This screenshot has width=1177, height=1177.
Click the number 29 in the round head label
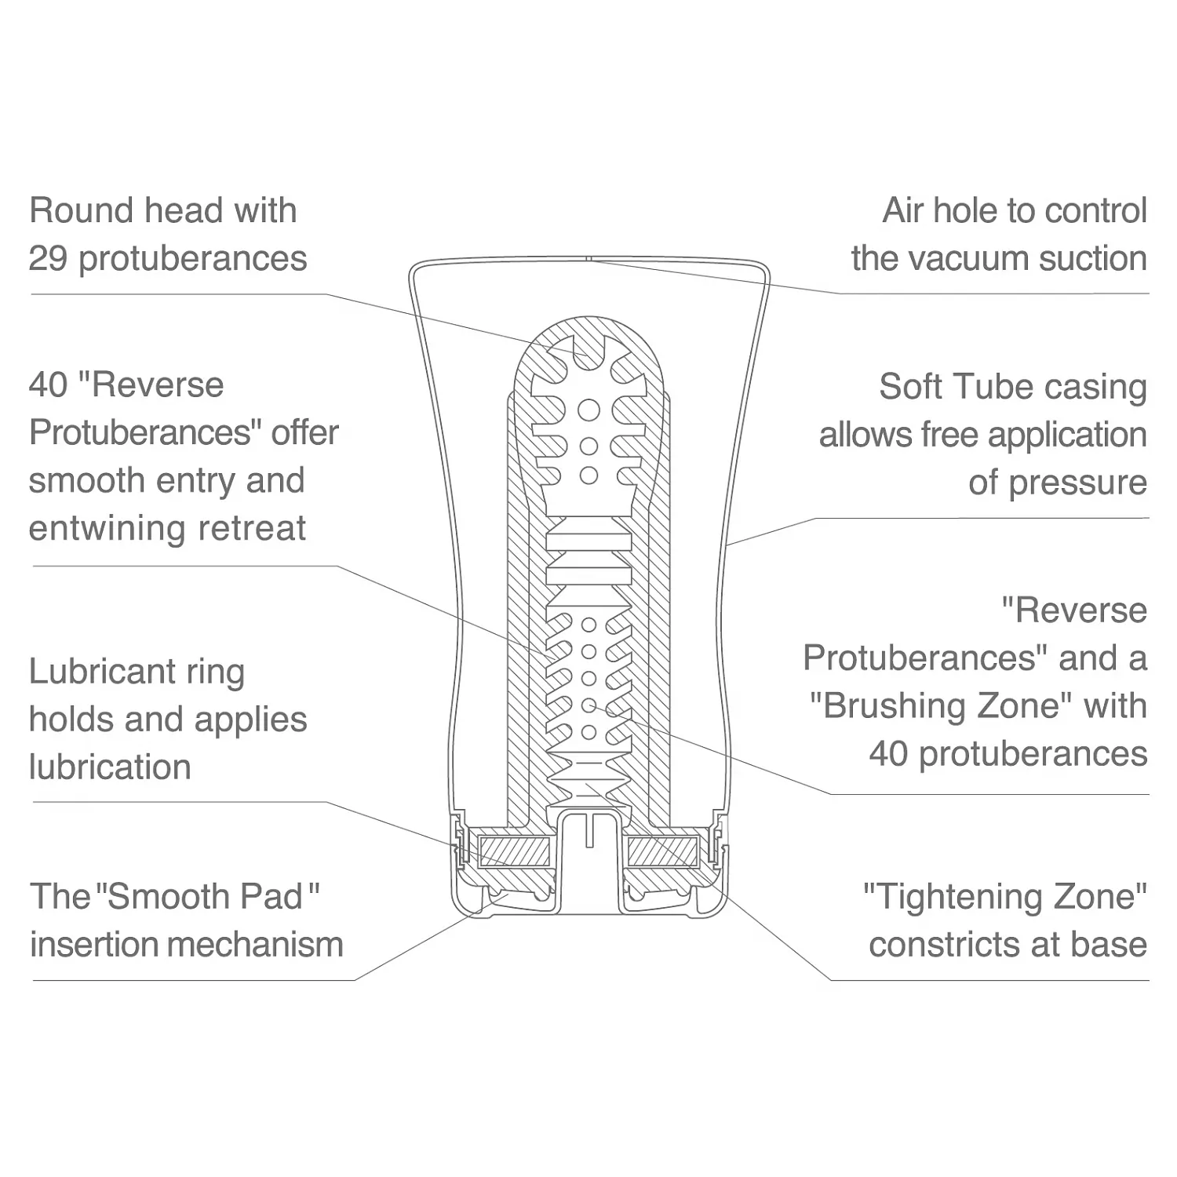click(x=48, y=259)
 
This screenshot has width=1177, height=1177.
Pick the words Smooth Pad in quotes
click(x=206, y=897)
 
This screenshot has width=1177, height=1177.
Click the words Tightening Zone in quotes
click(x=1005, y=897)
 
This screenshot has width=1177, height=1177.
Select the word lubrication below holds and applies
click(x=110, y=767)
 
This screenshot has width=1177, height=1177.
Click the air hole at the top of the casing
click(x=589, y=257)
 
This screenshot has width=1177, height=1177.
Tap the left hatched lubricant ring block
click(x=513, y=851)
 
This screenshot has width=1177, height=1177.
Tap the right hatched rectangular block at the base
click(x=664, y=851)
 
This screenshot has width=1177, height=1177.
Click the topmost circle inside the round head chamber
click(x=589, y=410)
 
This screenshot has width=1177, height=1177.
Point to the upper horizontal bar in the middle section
click(x=589, y=541)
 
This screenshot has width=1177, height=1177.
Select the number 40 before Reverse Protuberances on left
click(x=48, y=385)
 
